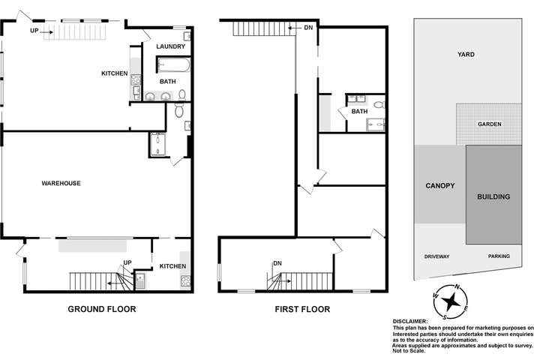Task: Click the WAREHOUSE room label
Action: click(x=61, y=183)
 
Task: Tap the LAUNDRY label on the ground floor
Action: click(x=171, y=46)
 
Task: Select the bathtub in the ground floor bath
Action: click(x=175, y=64)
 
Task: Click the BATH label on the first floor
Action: click(x=360, y=112)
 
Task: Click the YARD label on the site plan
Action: click(x=466, y=55)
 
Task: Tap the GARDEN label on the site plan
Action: click(x=489, y=124)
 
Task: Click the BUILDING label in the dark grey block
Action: click(x=493, y=196)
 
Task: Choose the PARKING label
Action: click(x=499, y=256)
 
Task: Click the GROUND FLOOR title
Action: click(x=102, y=309)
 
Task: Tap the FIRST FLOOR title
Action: click(x=302, y=309)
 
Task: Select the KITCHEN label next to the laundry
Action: click(x=115, y=73)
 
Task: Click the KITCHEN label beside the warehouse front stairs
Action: click(x=172, y=266)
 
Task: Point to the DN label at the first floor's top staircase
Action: click(x=308, y=28)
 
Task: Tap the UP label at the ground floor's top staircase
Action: click(x=34, y=31)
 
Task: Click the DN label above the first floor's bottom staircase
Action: click(x=277, y=263)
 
